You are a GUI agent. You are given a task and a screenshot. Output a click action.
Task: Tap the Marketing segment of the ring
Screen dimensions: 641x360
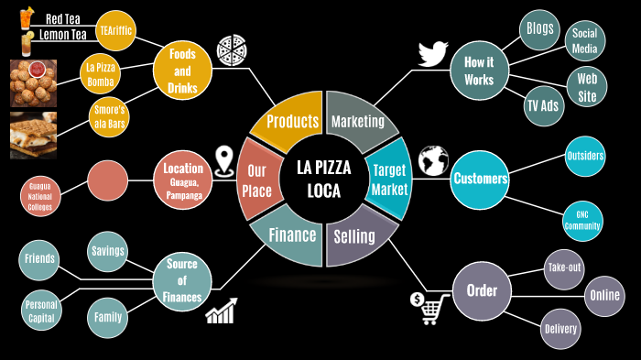click(x=357, y=120)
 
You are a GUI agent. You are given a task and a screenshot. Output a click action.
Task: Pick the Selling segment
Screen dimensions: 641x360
click(x=355, y=237)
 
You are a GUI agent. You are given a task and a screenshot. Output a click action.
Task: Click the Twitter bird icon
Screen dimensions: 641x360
click(x=433, y=53)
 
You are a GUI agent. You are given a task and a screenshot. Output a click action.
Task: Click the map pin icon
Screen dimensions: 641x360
click(x=223, y=162)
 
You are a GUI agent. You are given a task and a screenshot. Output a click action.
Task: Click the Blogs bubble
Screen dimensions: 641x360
click(x=540, y=28)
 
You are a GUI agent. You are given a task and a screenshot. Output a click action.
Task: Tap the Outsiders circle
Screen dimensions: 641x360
click(x=584, y=156)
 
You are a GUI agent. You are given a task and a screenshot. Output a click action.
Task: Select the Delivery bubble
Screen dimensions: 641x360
click(x=560, y=328)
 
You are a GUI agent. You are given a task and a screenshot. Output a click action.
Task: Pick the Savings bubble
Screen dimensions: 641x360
click(x=108, y=252)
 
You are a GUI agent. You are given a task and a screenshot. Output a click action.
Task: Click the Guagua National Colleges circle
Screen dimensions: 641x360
click(x=40, y=196)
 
